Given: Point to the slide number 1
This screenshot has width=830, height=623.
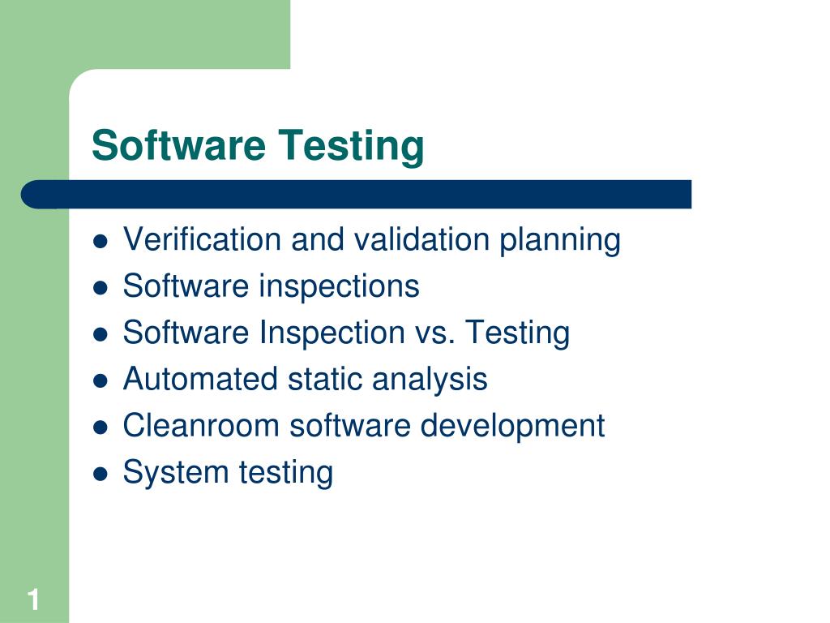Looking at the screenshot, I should pos(33,600).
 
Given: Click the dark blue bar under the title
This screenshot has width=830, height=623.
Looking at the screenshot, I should pos(357,195).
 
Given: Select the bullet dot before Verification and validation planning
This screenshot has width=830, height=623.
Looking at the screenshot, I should pos(101,241).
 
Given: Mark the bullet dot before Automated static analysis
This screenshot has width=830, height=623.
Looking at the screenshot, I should pos(101,380).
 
